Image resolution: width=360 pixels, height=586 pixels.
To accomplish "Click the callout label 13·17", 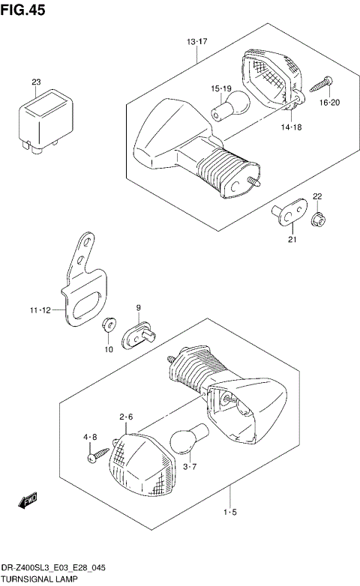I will click(x=196, y=41).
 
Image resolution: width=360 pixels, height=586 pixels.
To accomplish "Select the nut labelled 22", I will click(x=316, y=219).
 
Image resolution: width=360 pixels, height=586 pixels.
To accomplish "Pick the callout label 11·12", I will click(x=41, y=309).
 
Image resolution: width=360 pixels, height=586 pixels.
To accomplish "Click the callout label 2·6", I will click(x=125, y=417).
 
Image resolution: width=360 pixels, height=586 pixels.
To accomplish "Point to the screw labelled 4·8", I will click(x=93, y=454).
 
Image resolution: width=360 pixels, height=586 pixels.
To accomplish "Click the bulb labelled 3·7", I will click(x=181, y=443).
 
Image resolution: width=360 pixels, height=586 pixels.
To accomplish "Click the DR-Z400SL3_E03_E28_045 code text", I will click(x=49, y=569).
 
